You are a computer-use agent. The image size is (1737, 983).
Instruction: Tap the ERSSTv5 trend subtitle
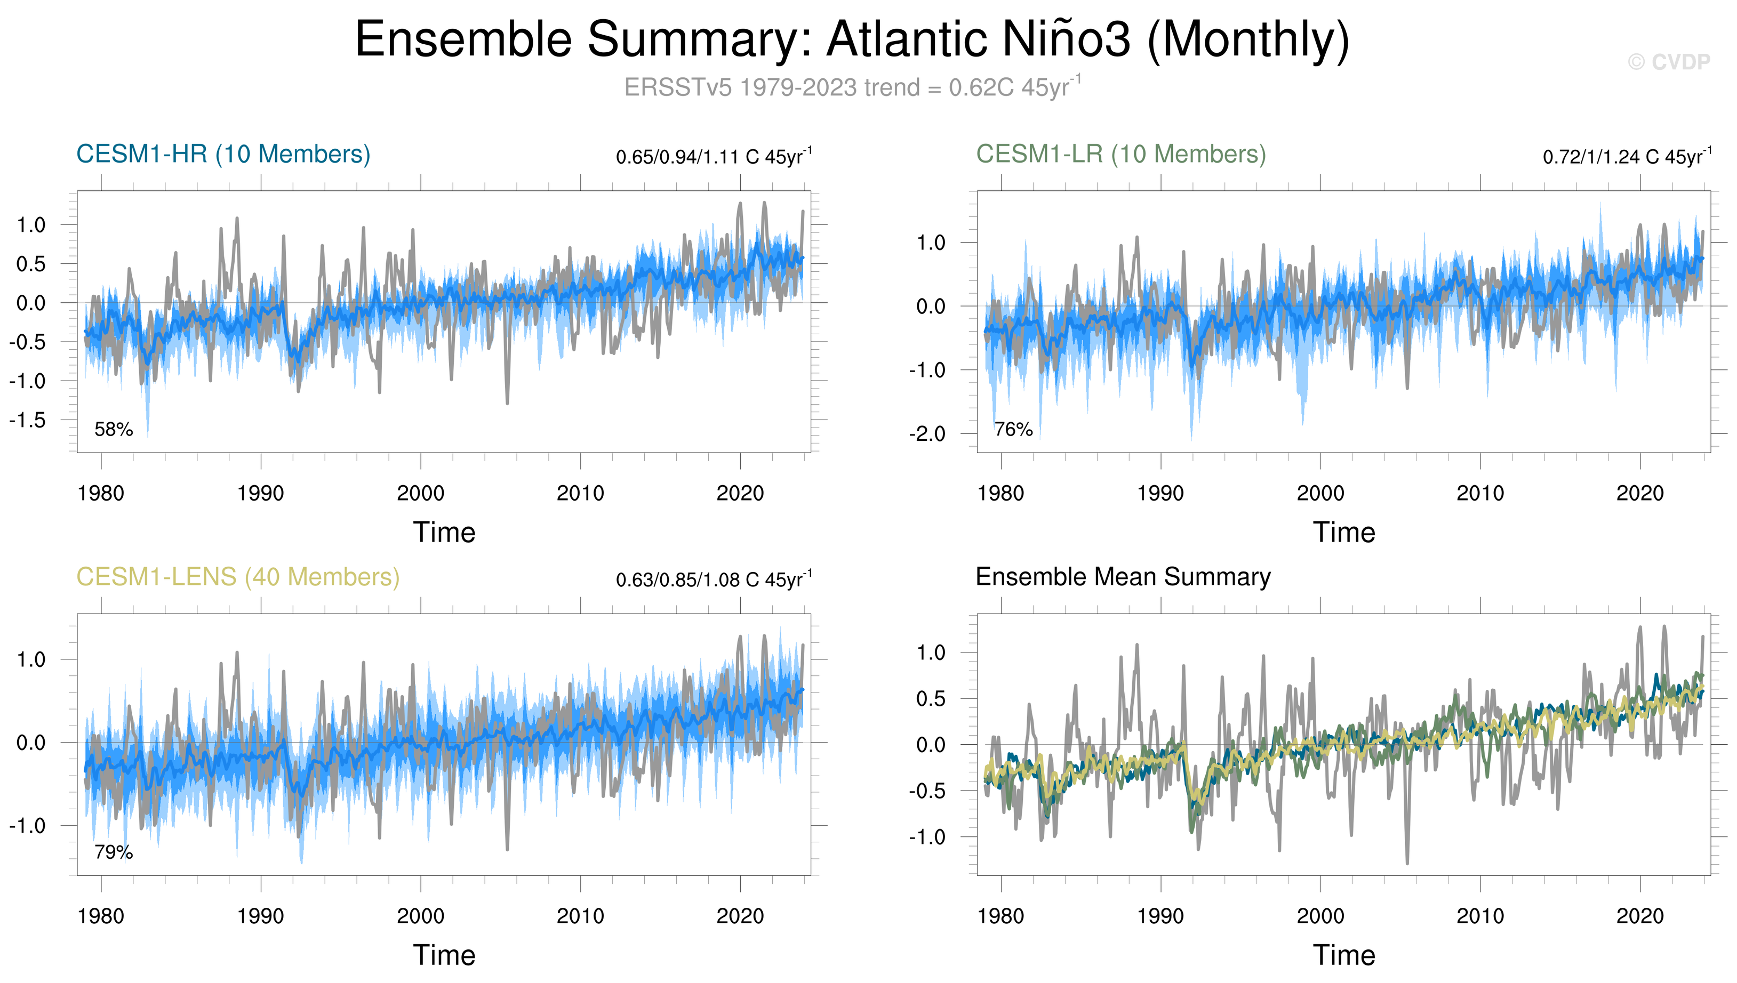852,88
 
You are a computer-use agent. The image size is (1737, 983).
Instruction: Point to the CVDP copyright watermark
1669,62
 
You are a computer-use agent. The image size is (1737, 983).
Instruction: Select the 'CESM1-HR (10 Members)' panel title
223,154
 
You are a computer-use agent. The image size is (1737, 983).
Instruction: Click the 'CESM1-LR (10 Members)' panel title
1120,154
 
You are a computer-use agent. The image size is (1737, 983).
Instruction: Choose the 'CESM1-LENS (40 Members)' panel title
238,577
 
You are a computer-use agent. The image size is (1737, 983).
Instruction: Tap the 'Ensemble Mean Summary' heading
1123,577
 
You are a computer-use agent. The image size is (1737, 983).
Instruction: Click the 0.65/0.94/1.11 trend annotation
713,157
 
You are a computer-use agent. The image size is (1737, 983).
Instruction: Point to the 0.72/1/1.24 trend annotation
1626,157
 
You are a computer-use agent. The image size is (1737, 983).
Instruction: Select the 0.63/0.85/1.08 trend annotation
713,579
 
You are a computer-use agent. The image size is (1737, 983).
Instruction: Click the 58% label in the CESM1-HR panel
114,429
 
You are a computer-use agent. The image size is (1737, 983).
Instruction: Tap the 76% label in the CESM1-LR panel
1013,429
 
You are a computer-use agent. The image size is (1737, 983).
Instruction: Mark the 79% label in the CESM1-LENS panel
114,852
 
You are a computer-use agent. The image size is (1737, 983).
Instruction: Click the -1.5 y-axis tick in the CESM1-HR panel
28,420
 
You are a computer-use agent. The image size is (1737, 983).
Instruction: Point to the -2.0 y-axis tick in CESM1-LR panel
927,433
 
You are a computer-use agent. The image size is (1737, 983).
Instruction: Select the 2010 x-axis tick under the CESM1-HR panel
580,494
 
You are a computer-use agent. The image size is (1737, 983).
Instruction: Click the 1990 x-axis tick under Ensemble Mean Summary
1160,916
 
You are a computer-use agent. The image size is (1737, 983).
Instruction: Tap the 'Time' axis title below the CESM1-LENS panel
444,955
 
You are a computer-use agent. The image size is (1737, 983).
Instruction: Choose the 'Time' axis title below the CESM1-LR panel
1344,533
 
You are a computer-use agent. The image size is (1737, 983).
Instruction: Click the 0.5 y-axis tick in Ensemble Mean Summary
931,699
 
